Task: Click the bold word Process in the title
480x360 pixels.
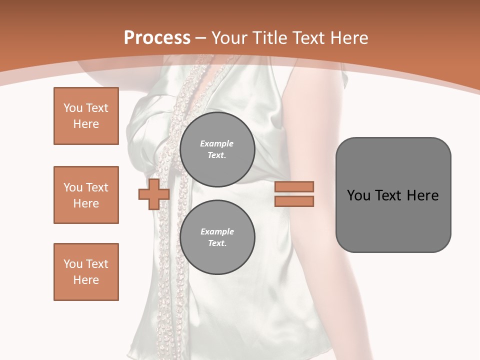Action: pyautogui.click(x=157, y=38)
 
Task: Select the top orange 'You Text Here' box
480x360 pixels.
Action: pyautogui.click(x=86, y=116)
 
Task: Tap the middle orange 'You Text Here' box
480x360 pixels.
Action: pyautogui.click(x=86, y=195)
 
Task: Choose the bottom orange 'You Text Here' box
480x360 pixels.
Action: pyautogui.click(x=86, y=272)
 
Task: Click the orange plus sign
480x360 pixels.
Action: pyautogui.click(x=153, y=194)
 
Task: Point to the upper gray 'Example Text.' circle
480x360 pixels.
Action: pyautogui.click(x=217, y=149)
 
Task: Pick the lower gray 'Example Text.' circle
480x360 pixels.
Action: pyautogui.click(x=217, y=237)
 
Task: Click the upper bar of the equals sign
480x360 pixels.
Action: pyautogui.click(x=294, y=186)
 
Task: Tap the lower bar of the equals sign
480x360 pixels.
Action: pyautogui.click(x=294, y=201)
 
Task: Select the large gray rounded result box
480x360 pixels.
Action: pyautogui.click(x=393, y=195)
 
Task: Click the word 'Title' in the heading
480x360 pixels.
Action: pyautogui.click(x=270, y=38)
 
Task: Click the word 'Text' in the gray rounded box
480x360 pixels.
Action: pyautogui.click(x=388, y=195)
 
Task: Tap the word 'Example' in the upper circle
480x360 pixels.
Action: pyautogui.click(x=217, y=143)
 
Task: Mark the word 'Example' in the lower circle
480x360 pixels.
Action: pyautogui.click(x=217, y=231)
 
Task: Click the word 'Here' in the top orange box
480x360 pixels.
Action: pyautogui.click(x=86, y=124)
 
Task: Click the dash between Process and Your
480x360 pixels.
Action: pyautogui.click(x=201, y=38)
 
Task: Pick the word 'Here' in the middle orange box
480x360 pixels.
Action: pyautogui.click(x=86, y=203)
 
